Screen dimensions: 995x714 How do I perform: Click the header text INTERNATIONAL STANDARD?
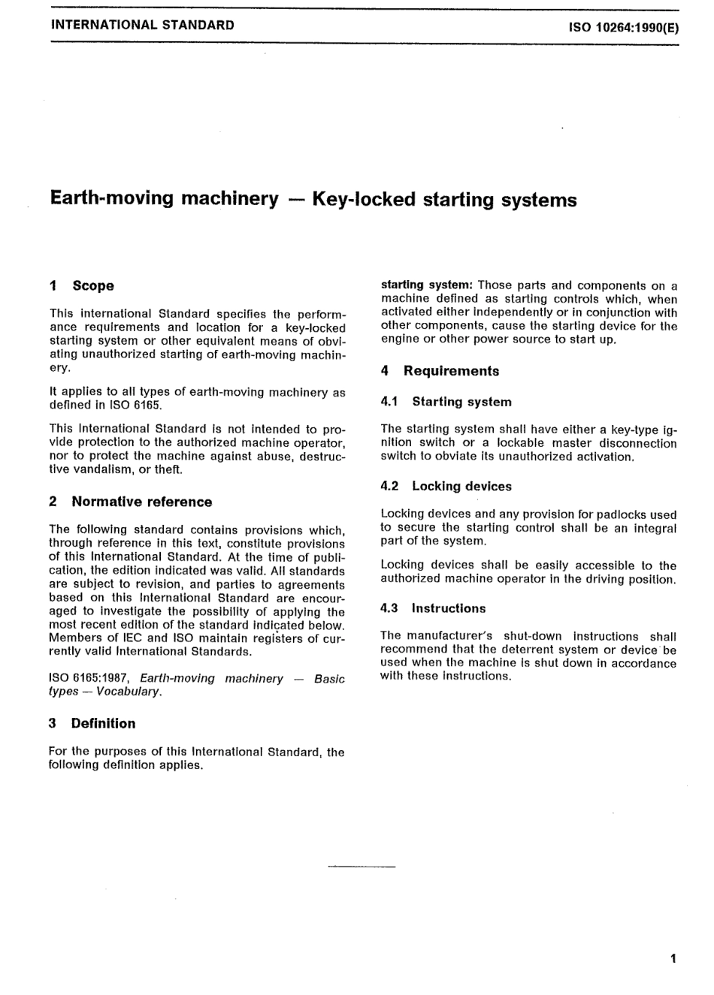(x=142, y=25)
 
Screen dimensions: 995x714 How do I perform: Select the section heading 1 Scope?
(x=82, y=285)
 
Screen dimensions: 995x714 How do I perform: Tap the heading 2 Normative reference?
(x=131, y=502)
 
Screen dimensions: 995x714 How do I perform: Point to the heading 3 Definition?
(x=92, y=723)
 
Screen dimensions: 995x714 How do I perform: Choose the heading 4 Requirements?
(x=440, y=371)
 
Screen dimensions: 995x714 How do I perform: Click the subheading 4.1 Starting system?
(x=446, y=402)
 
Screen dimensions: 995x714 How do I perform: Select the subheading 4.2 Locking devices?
(x=446, y=487)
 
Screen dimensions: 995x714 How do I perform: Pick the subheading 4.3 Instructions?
(x=434, y=608)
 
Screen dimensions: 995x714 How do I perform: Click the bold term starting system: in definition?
(x=426, y=285)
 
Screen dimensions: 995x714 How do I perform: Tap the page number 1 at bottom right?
(x=673, y=958)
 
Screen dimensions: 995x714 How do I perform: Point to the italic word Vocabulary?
(x=129, y=692)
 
